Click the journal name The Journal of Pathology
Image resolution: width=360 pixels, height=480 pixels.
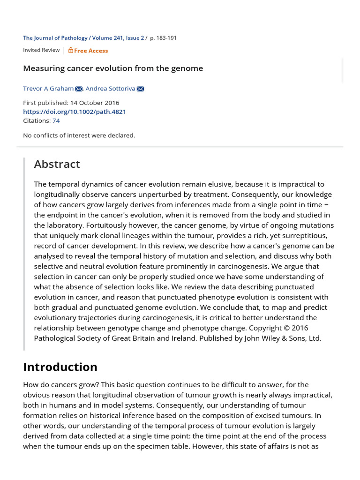[x=56, y=38]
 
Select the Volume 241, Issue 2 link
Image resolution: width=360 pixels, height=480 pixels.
[x=118, y=38]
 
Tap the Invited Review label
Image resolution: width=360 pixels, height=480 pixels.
[x=41, y=50]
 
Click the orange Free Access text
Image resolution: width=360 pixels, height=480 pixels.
[x=91, y=51]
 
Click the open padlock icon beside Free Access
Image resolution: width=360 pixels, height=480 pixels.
[x=71, y=50]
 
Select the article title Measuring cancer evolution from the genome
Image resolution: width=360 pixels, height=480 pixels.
[x=113, y=68]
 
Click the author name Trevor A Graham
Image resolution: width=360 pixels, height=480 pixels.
[x=48, y=89]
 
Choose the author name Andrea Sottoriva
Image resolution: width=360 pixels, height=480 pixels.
[x=110, y=89]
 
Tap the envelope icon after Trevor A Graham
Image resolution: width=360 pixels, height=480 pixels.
[x=79, y=89]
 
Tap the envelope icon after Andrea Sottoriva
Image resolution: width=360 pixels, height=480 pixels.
[x=140, y=89]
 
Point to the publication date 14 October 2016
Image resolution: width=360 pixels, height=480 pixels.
[x=94, y=103]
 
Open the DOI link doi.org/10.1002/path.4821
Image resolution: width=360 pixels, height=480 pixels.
[x=75, y=112]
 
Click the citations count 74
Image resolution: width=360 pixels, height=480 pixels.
[x=56, y=120]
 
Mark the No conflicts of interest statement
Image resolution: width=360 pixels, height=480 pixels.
[x=79, y=135]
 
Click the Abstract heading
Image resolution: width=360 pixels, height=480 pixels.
[x=57, y=164]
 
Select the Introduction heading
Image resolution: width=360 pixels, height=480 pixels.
[x=60, y=367]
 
